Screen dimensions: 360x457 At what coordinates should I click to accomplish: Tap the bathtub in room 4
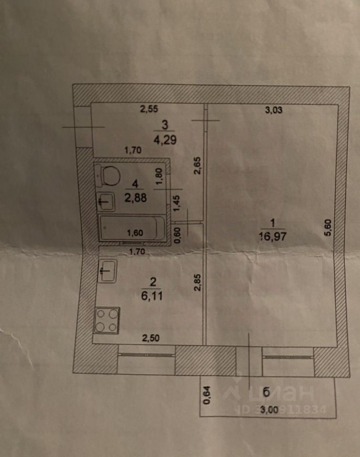pyautogui.click(x=131, y=229)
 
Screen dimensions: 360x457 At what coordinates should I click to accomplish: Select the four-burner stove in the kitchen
pyautogui.click(x=107, y=320)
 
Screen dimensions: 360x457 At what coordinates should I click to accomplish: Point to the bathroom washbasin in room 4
pyautogui.click(x=106, y=202)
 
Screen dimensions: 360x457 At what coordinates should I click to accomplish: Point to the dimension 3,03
pyautogui.click(x=273, y=111)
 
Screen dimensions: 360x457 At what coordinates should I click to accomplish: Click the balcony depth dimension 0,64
pyautogui.click(x=206, y=395)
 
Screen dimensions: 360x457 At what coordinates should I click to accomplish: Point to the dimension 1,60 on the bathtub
pyautogui.click(x=136, y=233)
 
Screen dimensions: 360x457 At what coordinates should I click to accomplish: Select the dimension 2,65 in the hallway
pyautogui.click(x=197, y=167)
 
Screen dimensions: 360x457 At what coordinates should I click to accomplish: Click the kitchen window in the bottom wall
pyautogui.click(x=146, y=354)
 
